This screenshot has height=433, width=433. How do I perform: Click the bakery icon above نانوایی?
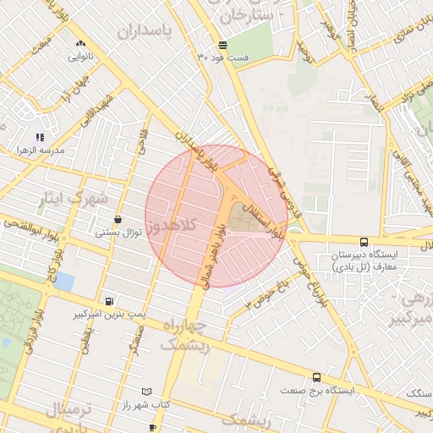(80, 43)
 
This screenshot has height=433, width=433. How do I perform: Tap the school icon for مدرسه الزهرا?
(39, 136)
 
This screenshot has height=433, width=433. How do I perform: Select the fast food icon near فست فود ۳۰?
(222, 44)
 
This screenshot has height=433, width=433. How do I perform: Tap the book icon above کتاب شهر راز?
(147, 392)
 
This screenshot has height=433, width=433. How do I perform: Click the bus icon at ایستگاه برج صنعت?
(316, 377)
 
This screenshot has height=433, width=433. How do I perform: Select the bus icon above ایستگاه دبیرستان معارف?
(364, 241)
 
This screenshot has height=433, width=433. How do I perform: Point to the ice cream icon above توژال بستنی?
(117, 219)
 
